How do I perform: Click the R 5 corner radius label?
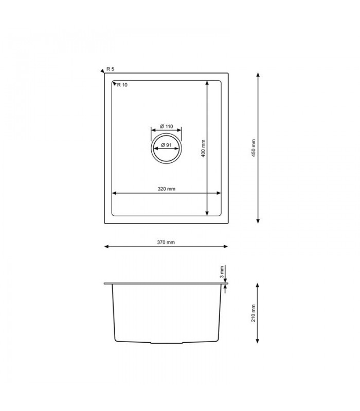click(x=110, y=69)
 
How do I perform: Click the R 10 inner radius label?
click(x=122, y=85)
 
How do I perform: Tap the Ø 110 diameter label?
click(x=166, y=126)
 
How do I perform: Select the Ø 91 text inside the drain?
click(x=166, y=145)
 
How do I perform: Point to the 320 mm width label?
click(x=167, y=189)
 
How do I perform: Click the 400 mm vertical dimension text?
click(x=203, y=148)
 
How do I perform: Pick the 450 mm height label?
click(x=254, y=148)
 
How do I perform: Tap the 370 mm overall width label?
click(x=167, y=242)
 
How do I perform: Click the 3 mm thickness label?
click(x=221, y=272)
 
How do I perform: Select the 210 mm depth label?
click(x=254, y=312)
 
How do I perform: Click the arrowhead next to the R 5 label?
click(x=102, y=72)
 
